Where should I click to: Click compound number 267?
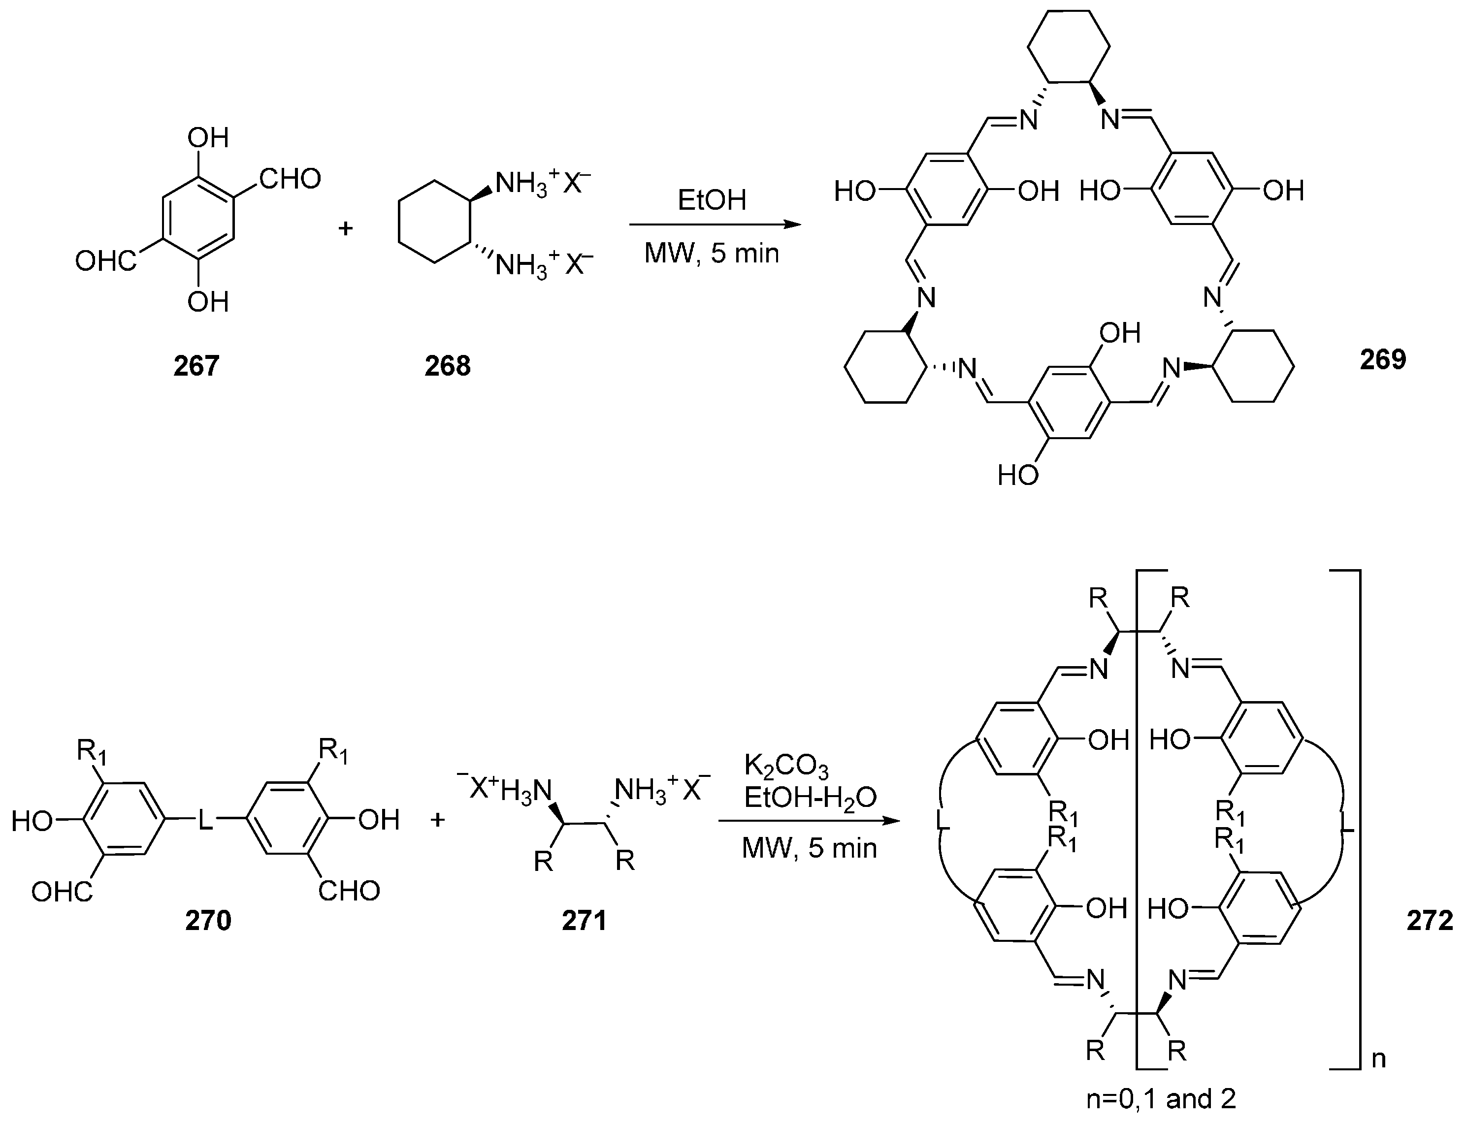point(196,366)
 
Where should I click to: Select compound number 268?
point(447,366)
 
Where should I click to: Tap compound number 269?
point(1382,359)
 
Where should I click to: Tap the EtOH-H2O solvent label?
point(810,798)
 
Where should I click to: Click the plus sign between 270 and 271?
point(438,820)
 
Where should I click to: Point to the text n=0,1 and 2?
point(1161,1099)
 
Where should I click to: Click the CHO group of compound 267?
point(290,179)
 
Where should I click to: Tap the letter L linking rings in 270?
point(205,820)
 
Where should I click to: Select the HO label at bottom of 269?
point(1017,475)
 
